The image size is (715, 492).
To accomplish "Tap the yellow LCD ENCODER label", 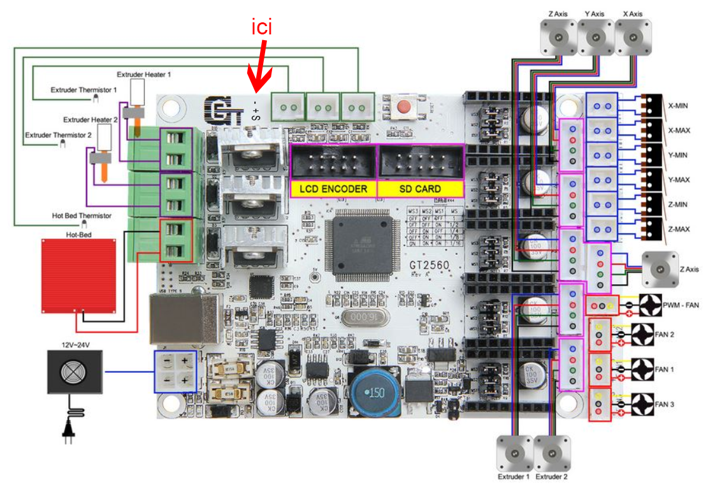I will (x=333, y=189).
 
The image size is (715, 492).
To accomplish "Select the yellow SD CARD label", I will (x=420, y=189).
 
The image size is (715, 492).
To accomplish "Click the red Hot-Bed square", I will (x=78, y=273).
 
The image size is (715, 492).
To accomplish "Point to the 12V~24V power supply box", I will (x=75, y=371).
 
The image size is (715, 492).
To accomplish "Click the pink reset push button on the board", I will (x=403, y=106).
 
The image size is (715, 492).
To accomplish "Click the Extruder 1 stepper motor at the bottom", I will (x=514, y=454).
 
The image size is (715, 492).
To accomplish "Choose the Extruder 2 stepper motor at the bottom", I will (x=551, y=454).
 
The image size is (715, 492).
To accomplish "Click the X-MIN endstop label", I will (x=679, y=106).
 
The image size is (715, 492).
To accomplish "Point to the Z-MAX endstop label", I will (x=679, y=229).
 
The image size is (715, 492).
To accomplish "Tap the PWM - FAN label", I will (x=681, y=305).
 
